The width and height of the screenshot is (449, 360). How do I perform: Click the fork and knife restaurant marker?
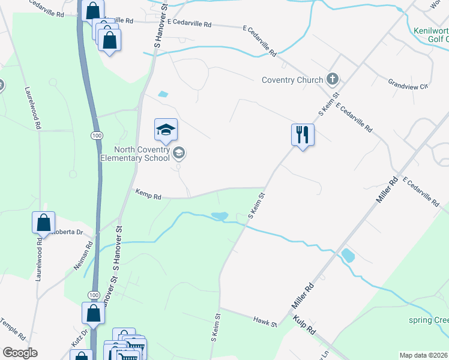[302, 134]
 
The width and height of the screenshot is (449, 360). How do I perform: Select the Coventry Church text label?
[292, 80]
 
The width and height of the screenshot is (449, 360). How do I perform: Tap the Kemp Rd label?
[148, 196]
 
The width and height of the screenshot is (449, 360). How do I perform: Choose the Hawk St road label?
[264, 323]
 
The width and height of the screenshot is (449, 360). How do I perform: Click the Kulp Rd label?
[304, 326]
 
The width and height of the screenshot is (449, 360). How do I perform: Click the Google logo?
[20, 353]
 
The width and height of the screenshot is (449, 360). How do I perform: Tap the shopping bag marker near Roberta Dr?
[44, 223]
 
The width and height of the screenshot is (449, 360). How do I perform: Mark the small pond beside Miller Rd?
[348, 256]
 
